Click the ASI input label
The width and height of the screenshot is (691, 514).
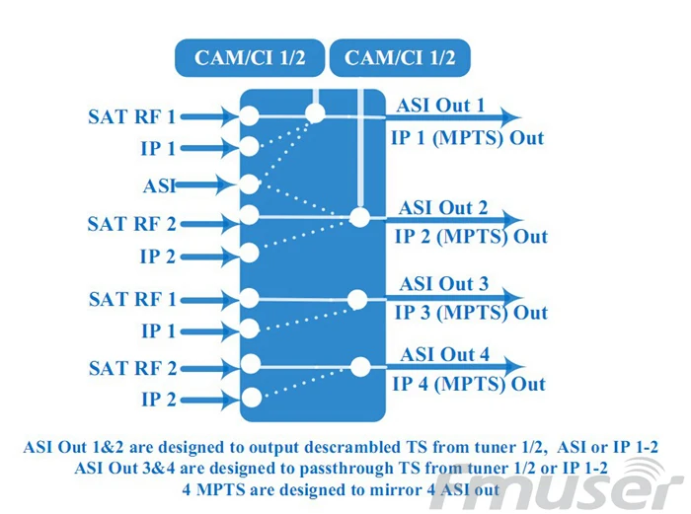click(159, 185)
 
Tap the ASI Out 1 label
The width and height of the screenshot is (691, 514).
click(440, 106)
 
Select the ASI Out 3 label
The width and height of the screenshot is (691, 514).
click(444, 284)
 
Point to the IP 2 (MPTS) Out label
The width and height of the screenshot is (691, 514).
click(471, 237)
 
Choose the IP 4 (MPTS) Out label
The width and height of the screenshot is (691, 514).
click(469, 384)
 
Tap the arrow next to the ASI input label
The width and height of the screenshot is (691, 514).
click(205, 185)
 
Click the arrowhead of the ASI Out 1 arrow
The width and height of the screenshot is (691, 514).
click(510, 117)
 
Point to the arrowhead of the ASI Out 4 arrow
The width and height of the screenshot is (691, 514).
click(514, 366)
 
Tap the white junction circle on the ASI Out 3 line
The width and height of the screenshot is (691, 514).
click(357, 299)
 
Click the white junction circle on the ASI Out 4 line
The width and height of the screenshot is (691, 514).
click(360, 366)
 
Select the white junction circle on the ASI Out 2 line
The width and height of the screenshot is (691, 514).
click(359, 217)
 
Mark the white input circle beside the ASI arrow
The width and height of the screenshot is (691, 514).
click(249, 184)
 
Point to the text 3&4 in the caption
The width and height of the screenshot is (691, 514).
click(158, 469)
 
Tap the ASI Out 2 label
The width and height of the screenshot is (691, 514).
click(443, 208)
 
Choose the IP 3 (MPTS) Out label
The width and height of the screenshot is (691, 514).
click(471, 313)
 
